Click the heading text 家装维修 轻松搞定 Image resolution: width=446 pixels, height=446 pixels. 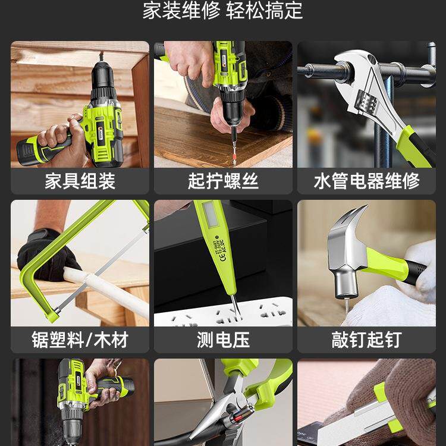222,11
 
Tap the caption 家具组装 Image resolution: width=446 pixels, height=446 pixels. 80,181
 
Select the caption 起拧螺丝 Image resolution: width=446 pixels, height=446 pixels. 223,181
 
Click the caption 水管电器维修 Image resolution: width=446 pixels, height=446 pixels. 366,181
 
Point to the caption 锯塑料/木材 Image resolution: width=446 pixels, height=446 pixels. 80,340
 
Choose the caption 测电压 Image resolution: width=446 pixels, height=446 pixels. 223,340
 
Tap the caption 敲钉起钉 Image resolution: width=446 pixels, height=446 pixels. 366,340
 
